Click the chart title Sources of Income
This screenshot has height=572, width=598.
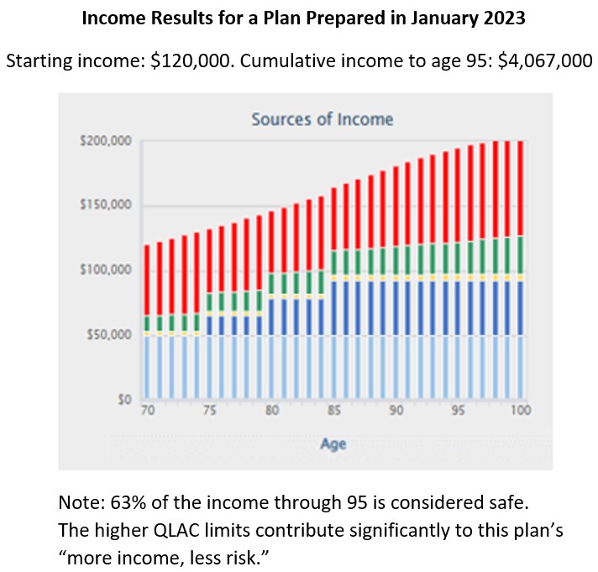coord(322,119)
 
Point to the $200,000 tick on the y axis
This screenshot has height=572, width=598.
coord(108,141)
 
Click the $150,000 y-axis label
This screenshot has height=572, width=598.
coord(108,206)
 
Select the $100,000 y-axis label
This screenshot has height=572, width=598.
coord(108,270)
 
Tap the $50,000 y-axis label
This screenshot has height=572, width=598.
coord(110,335)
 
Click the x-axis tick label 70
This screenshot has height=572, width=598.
coord(148,412)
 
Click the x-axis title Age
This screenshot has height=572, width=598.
coord(333,445)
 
